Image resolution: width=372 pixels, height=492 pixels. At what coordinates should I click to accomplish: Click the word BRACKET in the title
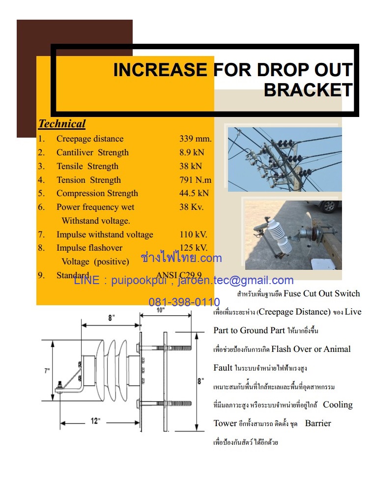pyautogui.click(x=308, y=90)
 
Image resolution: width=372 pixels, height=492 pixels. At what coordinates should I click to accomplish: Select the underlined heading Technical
pyautogui.click(x=62, y=124)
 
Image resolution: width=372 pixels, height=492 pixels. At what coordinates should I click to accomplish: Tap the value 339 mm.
pyautogui.click(x=195, y=139)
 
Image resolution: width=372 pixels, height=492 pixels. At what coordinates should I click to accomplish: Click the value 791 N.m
pyautogui.click(x=195, y=180)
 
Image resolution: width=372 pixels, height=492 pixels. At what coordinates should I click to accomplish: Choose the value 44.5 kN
pyautogui.click(x=194, y=193)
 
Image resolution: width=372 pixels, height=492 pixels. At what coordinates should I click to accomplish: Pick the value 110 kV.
pyautogui.click(x=193, y=234)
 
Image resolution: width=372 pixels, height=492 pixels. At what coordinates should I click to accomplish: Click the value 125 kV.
pyautogui.click(x=193, y=248)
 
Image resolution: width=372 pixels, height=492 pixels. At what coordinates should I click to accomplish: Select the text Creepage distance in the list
pyautogui.click(x=90, y=139)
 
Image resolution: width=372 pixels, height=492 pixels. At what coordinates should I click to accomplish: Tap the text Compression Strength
pyautogui.click(x=97, y=193)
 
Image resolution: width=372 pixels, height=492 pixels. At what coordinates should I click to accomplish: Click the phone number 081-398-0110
pyautogui.click(x=184, y=302)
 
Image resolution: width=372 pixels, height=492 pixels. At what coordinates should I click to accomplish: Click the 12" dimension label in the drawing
pyautogui.click(x=95, y=421)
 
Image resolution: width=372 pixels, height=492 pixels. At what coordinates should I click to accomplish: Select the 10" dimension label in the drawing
pyautogui.click(x=160, y=310)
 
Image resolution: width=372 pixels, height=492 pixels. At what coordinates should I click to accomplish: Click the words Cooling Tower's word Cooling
pyautogui.click(x=338, y=405)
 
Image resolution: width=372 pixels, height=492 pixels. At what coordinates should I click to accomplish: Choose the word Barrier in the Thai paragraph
pyautogui.click(x=318, y=423)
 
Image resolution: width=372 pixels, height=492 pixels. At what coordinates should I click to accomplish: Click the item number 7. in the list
pyautogui.click(x=42, y=234)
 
